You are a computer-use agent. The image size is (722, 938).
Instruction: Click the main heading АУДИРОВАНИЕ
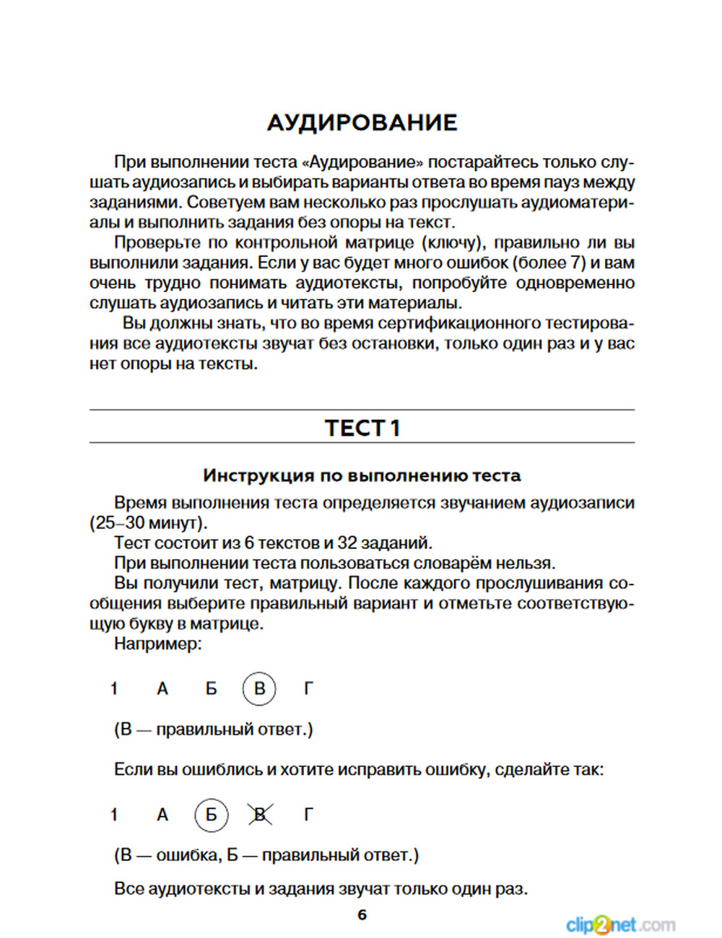(x=362, y=123)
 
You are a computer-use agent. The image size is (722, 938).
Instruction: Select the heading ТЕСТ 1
(x=362, y=428)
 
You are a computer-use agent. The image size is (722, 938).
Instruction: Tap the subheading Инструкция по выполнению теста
(x=362, y=475)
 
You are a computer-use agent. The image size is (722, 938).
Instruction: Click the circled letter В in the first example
(x=259, y=688)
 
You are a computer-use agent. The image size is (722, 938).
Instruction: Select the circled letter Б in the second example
(x=211, y=815)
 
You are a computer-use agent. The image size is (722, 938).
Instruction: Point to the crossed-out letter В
(x=259, y=815)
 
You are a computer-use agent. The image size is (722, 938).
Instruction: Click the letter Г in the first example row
(x=308, y=689)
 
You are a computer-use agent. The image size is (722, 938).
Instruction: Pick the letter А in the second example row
(x=162, y=815)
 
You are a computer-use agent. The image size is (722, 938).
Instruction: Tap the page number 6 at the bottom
(x=362, y=915)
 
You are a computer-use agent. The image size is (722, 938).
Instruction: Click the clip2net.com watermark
(x=620, y=924)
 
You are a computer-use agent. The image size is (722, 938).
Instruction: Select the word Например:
(x=158, y=644)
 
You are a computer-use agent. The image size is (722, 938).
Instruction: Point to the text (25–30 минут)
(x=148, y=523)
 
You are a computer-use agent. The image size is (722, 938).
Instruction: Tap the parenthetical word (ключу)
(x=452, y=243)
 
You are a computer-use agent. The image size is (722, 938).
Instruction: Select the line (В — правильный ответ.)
(x=214, y=729)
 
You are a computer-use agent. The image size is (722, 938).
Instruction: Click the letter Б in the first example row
(x=211, y=689)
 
